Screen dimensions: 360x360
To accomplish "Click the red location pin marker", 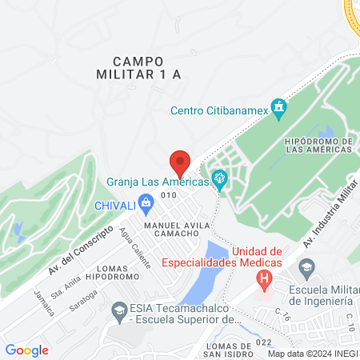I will pyautogui.click(x=180, y=162).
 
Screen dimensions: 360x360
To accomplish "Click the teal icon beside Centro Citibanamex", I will pyautogui.click(x=278, y=106).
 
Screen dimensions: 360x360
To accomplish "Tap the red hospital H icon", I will pyautogui.click(x=263, y=278).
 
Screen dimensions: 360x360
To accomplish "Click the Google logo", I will pyautogui.click(x=26, y=350).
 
